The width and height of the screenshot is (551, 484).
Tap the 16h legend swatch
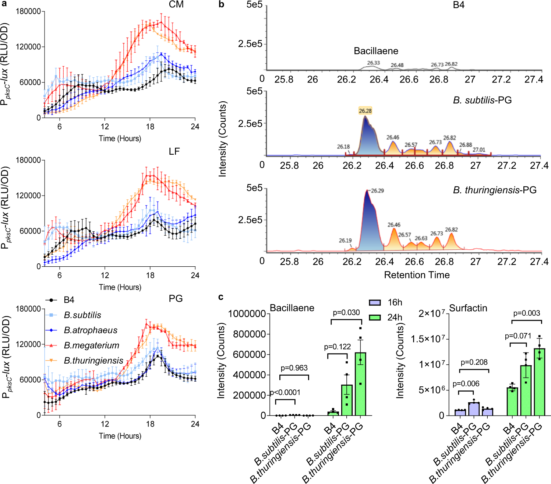(375, 302)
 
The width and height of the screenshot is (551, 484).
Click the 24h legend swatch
(375, 317)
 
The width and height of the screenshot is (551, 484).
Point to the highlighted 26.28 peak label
(365, 111)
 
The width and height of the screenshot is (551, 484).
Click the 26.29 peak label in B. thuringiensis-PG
(377, 191)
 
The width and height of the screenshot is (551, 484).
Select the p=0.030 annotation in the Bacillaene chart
(346, 313)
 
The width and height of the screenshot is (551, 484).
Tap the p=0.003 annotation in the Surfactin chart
(527, 313)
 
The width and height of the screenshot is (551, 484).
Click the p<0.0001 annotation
(285, 393)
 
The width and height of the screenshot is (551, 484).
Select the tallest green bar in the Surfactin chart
(539, 382)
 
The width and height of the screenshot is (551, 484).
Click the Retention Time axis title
(417, 275)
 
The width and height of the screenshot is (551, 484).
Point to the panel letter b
(222, 5)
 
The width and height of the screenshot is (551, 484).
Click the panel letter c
(221, 297)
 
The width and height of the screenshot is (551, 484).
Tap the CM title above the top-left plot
(176, 5)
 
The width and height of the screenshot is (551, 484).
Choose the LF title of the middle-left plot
(174, 152)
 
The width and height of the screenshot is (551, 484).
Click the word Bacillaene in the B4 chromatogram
(376, 51)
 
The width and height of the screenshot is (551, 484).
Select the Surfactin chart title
(468, 308)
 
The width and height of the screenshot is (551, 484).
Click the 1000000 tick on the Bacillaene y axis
(247, 314)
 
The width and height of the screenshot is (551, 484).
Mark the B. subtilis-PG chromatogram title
(482, 100)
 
